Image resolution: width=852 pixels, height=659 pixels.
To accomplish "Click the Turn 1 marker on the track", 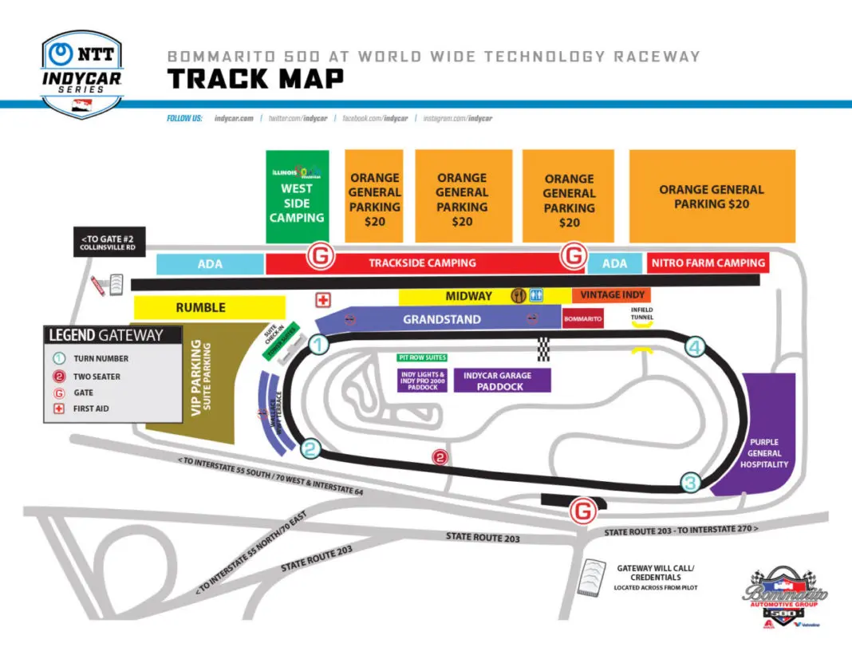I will (318, 345).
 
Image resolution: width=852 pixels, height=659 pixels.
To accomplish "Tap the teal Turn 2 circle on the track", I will (311, 449).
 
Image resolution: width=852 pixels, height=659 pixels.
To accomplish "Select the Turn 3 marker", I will (691, 482).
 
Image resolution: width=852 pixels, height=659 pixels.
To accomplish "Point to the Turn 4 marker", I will (696, 347).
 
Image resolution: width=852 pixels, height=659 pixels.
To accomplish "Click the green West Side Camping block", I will (297, 196).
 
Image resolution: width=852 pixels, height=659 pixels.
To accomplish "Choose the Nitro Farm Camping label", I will (708, 262).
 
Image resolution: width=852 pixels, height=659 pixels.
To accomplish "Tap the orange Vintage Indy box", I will (611, 295).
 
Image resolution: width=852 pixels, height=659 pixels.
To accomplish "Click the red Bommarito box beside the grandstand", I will (582, 319).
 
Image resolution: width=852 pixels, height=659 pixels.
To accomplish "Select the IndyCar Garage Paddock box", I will (503, 381).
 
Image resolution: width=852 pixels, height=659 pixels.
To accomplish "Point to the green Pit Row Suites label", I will (422, 357).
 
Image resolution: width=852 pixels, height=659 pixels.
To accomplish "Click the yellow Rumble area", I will (208, 307).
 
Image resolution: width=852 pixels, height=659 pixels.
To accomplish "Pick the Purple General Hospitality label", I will (763, 453).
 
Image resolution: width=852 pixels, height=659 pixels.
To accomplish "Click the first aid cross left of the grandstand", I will (323, 300).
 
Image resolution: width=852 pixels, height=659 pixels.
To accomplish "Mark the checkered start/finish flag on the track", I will (543, 348).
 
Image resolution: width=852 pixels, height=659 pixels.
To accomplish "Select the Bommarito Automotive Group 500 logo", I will (786, 598).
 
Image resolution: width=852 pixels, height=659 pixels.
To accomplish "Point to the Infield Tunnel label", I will (642, 314).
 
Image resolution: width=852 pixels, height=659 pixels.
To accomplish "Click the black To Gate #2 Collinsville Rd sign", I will (110, 243).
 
